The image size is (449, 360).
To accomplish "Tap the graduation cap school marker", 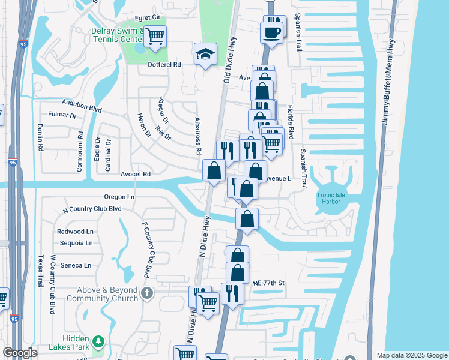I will click(x=205, y=54).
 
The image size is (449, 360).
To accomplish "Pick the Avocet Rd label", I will click(x=138, y=175).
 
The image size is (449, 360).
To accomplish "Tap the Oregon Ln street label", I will click(x=119, y=197).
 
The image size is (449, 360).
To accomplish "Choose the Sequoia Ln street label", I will click(x=76, y=243).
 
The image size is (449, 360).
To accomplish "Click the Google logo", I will click(x=20, y=353).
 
